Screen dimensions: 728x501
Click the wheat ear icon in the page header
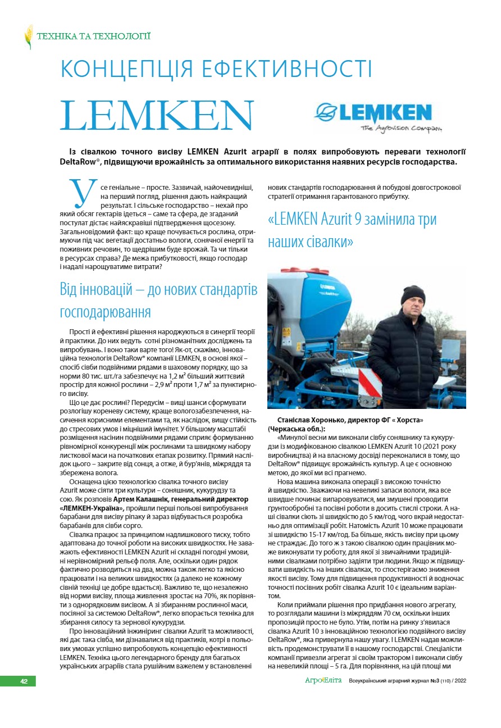click(28, 37)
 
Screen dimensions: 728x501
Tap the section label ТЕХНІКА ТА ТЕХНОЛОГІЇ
click(93, 37)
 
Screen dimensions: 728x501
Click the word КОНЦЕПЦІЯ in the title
click(126, 69)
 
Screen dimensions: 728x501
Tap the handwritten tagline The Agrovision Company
click(401, 129)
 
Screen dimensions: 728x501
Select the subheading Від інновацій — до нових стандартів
click(158, 290)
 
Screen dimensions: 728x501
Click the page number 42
click(24, 681)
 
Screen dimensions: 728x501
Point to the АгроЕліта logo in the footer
click(323, 681)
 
